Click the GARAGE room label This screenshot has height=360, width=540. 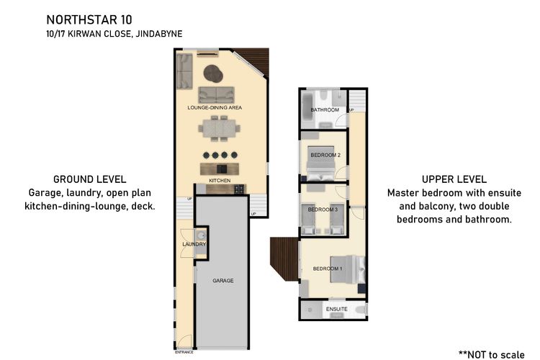(x=222, y=279)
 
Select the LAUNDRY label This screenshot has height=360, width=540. (x=194, y=244)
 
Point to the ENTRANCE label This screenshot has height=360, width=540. (x=184, y=353)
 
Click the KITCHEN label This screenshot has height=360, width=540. (x=219, y=180)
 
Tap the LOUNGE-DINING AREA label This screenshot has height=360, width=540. (x=215, y=107)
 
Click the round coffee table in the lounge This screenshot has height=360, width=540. (x=214, y=72)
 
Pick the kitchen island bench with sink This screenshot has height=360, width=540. (x=220, y=168)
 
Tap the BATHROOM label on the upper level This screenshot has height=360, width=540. (x=325, y=109)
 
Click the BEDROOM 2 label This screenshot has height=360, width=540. (x=325, y=154)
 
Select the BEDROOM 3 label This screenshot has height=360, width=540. (x=323, y=209)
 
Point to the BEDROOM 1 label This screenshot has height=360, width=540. (x=328, y=269)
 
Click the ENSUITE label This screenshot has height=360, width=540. (x=336, y=309)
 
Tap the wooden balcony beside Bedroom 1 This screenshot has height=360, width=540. (x=284, y=259)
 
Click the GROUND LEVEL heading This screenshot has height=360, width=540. (x=90, y=179)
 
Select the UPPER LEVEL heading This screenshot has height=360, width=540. (x=454, y=179)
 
